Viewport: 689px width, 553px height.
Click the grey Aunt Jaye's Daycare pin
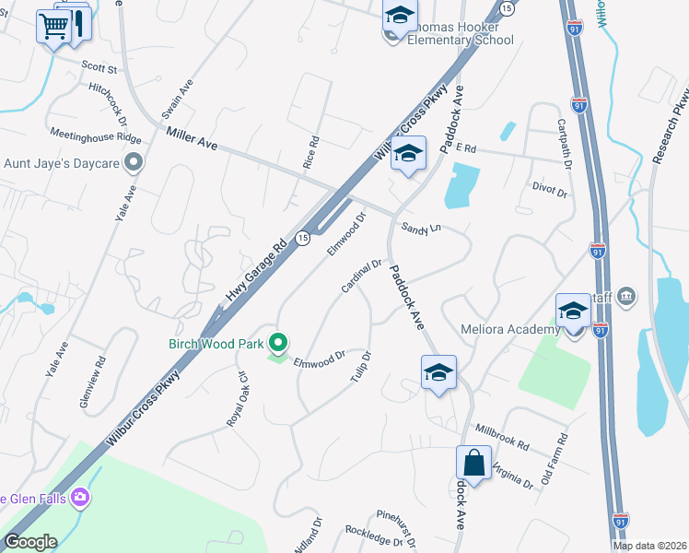click(134, 163)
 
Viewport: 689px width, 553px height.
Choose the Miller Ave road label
click(192, 140)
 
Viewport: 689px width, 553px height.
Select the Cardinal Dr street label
click(361, 276)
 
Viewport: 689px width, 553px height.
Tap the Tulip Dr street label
click(360, 368)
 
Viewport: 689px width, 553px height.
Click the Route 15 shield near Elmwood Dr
click(302, 238)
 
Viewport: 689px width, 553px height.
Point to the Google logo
click(30, 543)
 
